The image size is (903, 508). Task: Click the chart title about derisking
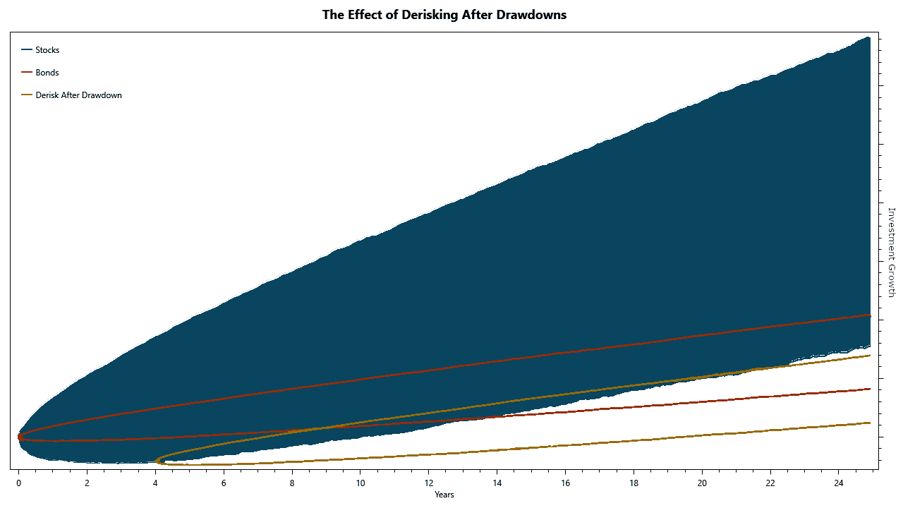444,15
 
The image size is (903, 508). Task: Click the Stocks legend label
47,50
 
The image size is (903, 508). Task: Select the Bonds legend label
47,73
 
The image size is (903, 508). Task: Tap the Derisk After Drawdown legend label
78,95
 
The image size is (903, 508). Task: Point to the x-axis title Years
444,495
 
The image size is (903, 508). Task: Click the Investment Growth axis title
892,253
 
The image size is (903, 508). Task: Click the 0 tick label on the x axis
18,483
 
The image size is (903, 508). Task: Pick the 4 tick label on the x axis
155,483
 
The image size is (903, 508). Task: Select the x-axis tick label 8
292,483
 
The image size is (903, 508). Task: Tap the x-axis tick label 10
360,483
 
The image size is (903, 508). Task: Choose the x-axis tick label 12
428,483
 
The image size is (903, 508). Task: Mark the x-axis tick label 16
565,483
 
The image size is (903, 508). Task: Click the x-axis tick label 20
702,483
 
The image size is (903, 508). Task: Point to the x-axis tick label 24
839,483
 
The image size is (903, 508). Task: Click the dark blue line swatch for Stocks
27,49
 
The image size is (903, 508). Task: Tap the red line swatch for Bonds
27,72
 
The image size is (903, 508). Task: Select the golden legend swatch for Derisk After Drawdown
27,95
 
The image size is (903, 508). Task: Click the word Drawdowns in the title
531,15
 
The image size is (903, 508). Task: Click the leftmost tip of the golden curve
156,461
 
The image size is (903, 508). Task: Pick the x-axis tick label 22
770,483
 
